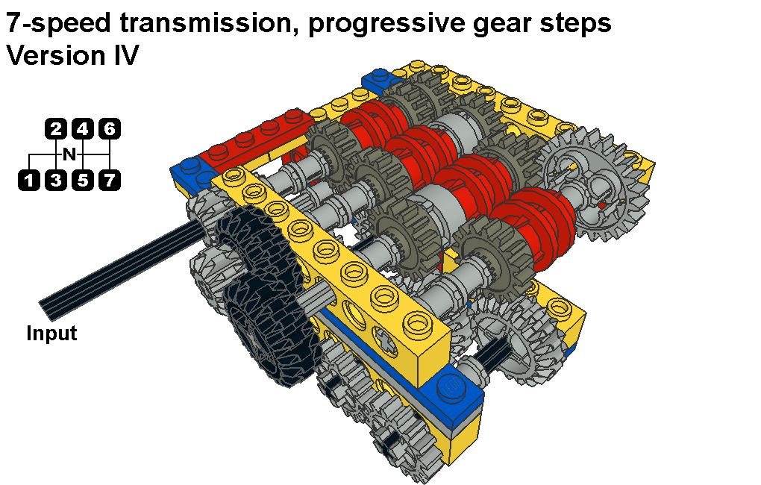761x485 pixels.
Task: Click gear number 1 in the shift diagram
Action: pyautogui.click(x=29, y=180)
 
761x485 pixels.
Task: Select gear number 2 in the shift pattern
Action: pyautogui.click(x=56, y=128)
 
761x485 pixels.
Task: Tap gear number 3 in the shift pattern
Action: pyautogui.click(x=56, y=180)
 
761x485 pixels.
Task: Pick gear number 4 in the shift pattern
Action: pyautogui.click(x=83, y=128)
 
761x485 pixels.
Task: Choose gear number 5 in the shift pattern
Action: pyautogui.click(x=83, y=180)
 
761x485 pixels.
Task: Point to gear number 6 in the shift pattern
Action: pyautogui.click(x=109, y=128)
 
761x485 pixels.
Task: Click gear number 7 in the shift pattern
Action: pyautogui.click(x=110, y=180)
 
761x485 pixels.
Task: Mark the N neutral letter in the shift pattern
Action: pyautogui.click(x=69, y=154)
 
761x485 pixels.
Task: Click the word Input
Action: pyautogui.click(x=51, y=334)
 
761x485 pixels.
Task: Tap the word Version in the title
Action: pyautogui.click(x=56, y=55)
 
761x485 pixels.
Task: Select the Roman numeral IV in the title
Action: pyautogui.click(x=126, y=55)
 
